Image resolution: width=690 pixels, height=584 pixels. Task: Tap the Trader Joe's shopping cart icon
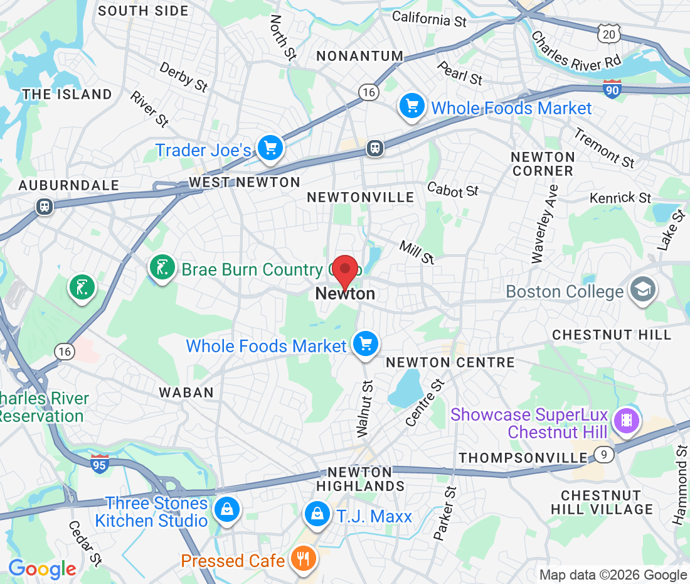271,149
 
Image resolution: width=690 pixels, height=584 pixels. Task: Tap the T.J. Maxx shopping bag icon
318,514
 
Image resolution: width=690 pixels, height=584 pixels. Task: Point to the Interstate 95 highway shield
99,464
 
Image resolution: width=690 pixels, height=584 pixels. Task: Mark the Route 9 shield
603,454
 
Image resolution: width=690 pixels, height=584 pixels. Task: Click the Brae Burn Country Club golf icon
162,268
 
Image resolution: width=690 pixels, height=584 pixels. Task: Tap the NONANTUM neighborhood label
359,56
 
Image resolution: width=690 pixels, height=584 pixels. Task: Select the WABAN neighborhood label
186,392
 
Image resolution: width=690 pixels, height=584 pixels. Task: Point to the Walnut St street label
364,408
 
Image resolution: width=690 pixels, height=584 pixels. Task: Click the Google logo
42,568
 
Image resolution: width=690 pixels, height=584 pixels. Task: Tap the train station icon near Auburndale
45,205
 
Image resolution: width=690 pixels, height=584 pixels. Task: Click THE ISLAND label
67,94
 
